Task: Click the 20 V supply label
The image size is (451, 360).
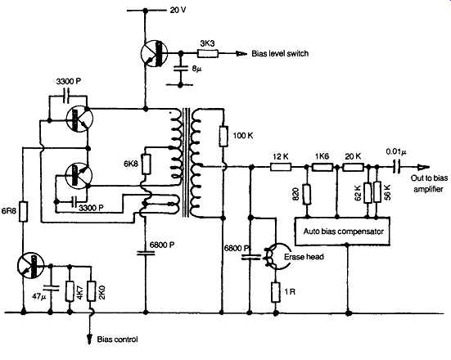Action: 178,11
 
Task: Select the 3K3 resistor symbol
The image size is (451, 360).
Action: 208,53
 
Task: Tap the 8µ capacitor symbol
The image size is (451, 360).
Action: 180,69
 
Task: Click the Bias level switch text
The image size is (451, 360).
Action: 280,53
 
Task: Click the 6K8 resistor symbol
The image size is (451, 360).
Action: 147,164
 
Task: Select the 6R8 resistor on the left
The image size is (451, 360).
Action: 23,212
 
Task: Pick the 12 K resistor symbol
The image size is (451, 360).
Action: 281,167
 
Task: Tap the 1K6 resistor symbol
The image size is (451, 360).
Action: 322,167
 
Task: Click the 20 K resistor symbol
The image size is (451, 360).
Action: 354,167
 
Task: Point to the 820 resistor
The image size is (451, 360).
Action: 307,195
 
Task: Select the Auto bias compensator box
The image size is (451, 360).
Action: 343,232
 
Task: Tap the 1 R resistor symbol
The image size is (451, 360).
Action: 276,292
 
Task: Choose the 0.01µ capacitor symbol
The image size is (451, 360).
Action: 397,167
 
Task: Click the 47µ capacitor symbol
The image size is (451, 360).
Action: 50,288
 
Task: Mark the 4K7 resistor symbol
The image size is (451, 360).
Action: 70,291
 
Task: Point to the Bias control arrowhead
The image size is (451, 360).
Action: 90,340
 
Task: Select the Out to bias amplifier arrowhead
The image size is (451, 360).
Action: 424,167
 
